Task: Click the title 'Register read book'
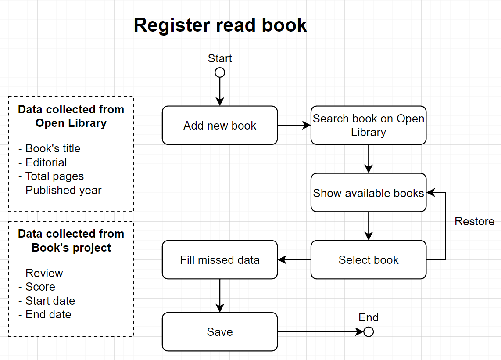click(220, 25)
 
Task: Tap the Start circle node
click(220, 72)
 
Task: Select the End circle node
click(369, 332)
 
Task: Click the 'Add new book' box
click(220, 126)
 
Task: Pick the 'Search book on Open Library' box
click(369, 126)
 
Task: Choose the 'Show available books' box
click(369, 193)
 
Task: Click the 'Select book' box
click(369, 260)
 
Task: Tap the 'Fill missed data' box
click(220, 260)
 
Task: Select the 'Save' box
click(220, 332)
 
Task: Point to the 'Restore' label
click(474, 221)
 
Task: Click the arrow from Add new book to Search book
click(294, 126)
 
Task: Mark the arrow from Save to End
click(320, 332)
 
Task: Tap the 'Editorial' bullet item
click(46, 162)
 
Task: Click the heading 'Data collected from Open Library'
click(71, 116)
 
